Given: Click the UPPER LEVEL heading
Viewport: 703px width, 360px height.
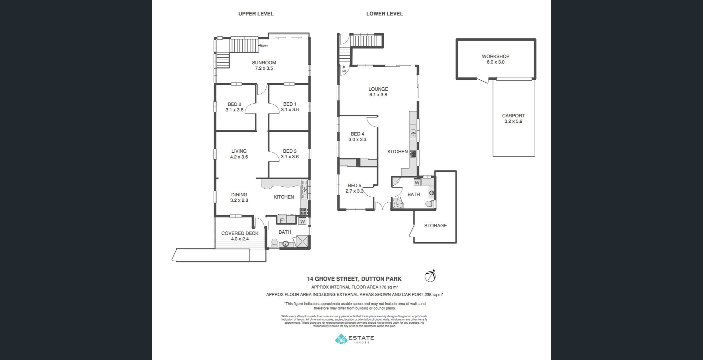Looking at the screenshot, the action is click(x=256, y=14).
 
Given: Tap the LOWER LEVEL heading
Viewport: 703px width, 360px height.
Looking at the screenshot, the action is click(x=385, y=14).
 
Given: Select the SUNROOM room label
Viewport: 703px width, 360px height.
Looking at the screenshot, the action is click(x=264, y=63).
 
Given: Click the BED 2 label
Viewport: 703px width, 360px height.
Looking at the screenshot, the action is click(x=234, y=104).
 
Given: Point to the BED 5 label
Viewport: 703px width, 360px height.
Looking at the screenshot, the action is click(x=354, y=186).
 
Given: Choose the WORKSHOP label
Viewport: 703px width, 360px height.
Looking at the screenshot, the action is click(x=495, y=57).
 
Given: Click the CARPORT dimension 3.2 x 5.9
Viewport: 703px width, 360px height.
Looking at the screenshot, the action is click(x=513, y=122).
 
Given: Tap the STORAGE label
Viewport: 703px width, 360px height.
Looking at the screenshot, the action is click(x=435, y=226).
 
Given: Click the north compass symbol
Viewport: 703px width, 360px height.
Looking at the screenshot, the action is click(x=430, y=276).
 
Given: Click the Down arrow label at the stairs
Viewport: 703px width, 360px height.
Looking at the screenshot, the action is click(x=263, y=46).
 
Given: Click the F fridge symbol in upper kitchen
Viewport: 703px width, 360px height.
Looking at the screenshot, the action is click(x=282, y=220).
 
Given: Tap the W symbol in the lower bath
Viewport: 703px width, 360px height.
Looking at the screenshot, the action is click(x=417, y=183).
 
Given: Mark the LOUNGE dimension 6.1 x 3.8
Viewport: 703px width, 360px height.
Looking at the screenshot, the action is click(x=378, y=95).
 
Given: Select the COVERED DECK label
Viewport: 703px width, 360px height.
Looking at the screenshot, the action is click(x=240, y=233).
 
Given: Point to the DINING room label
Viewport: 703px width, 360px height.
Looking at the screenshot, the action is click(x=239, y=195).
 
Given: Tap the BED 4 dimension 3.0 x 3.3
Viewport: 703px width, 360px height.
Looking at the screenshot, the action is click(x=357, y=140).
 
